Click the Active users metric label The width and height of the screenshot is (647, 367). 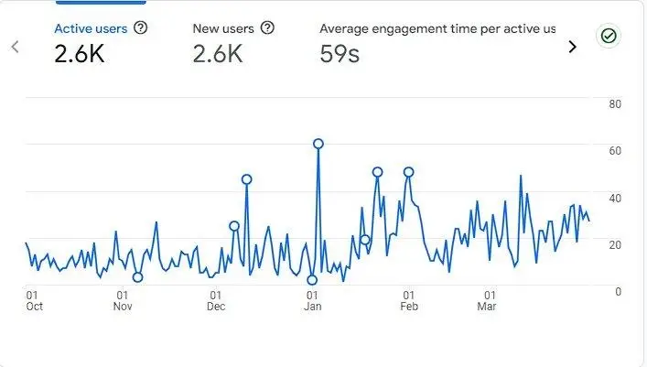[x=91, y=29]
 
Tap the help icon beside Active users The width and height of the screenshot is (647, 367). [x=141, y=27]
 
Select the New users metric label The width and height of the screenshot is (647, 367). [x=223, y=28]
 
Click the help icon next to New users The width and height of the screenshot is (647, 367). [x=268, y=27]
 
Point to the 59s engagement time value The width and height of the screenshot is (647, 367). [x=340, y=54]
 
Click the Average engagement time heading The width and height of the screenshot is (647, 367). [x=437, y=28]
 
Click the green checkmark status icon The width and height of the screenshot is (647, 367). [x=609, y=36]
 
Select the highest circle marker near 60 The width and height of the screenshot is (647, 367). [x=318, y=144]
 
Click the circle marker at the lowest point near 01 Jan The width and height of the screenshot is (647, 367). [x=312, y=280]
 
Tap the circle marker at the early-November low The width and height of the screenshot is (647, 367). [x=138, y=277]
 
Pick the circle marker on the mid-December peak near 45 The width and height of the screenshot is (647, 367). [x=247, y=179]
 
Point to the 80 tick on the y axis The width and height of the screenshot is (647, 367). [x=615, y=104]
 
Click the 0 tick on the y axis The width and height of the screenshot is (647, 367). [x=618, y=291]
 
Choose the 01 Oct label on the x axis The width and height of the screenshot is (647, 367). [x=34, y=300]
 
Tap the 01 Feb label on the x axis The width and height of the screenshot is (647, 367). [x=409, y=300]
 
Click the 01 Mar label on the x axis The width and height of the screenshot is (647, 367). [x=487, y=300]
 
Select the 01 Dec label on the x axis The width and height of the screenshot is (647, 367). [x=216, y=300]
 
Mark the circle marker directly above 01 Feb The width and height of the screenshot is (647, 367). [x=408, y=172]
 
